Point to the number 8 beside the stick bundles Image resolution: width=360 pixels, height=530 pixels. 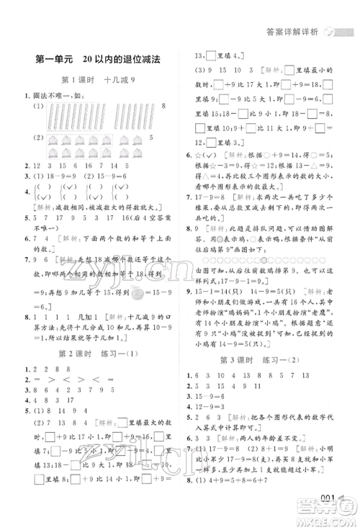coord(164,107)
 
